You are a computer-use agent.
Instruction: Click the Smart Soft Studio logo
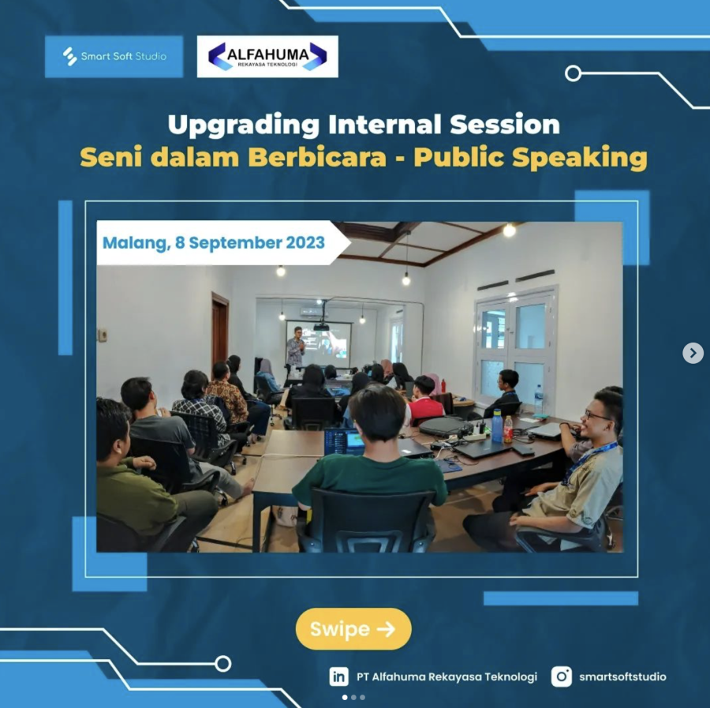point(114,57)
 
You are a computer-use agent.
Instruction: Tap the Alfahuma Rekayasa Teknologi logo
point(267,57)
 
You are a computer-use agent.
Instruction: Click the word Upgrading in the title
point(244,125)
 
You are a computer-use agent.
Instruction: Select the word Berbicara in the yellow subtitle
point(317,157)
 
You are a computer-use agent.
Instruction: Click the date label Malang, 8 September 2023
point(214,243)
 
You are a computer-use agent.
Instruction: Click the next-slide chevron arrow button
point(693,353)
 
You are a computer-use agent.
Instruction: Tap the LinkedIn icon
point(338,676)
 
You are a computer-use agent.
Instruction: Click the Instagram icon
point(562,676)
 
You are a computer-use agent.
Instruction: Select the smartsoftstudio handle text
point(622,676)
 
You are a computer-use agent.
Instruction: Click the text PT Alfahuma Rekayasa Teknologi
point(447,676)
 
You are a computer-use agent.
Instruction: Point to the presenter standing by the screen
point(296,348)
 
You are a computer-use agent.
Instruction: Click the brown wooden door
point(220,330)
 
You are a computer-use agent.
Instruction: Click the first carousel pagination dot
point(345,698)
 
